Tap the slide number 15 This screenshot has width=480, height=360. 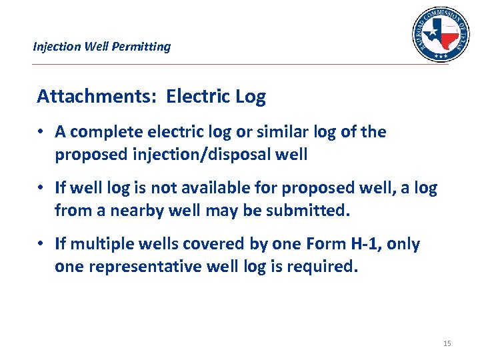(x=447, y=343)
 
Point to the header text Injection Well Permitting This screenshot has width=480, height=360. (x=102, y=47)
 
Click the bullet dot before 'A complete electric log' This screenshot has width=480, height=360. (x=41, y=133)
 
